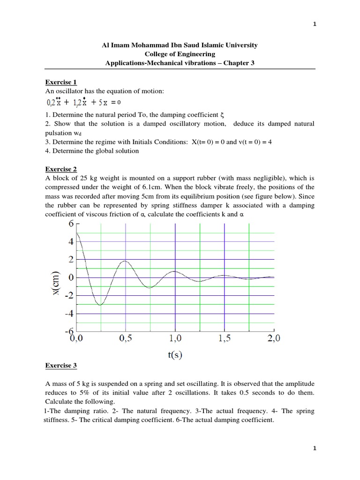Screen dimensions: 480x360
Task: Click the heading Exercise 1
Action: click(x=60, y=82)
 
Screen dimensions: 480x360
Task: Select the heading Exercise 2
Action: click(x=60, y=169)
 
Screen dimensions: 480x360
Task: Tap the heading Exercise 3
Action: click(x=60, y=365)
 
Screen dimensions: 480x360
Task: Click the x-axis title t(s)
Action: click(x=175, y=355)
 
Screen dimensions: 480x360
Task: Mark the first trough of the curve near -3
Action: click(x=100, y=305)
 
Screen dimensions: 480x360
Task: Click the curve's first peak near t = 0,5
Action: click(x=125, y=261)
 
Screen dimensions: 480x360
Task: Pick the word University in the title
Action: click(x=240, y=45)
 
